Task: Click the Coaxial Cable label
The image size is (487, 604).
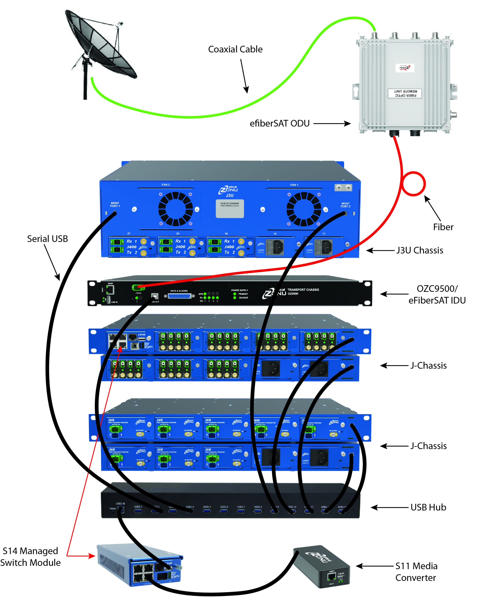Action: coord(235,49)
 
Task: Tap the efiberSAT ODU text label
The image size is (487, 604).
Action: coord(279,123)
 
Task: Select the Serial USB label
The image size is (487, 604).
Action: coord(47,239)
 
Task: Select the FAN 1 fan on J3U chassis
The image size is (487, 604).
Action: coord(304,209)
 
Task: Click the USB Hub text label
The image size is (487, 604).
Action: coord(428,507)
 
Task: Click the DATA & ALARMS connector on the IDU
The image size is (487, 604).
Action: coord(179,296)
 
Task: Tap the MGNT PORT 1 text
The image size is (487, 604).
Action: coord(115,205)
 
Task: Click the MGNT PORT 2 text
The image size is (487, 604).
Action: coord(345,205)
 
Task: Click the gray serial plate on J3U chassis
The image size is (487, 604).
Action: coord(229,209)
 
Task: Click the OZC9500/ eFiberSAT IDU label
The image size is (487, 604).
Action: coord(437,294)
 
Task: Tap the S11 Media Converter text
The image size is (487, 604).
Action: coord(416,572)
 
